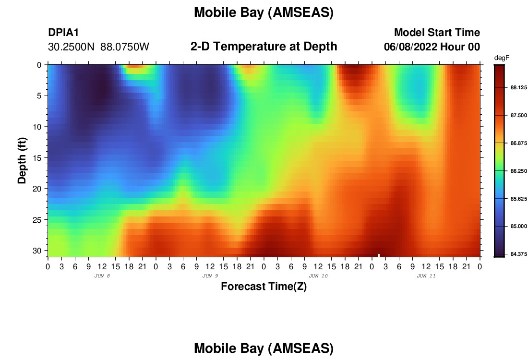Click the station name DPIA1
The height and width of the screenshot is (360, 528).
(x=63, y=32)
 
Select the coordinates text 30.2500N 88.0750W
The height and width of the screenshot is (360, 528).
(x=98, y=47)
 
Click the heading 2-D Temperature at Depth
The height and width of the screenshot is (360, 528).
(x=264, y=47)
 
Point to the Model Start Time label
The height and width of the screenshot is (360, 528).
(x=437, y=32)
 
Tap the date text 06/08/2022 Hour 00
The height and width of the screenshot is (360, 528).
(x=432, y=47)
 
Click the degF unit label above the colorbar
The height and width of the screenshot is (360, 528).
(x=502, y=58)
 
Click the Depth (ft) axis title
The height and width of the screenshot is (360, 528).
(x=22, y=160)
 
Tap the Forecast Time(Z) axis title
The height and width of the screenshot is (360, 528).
(x=264, y=286)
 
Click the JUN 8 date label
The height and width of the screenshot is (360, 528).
(x=102, y=276)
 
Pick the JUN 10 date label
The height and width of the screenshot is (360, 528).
(x=318, y=276)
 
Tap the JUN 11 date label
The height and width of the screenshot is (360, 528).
(x=426, y=276)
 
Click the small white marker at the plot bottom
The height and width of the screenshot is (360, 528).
(x=379, y=255)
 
